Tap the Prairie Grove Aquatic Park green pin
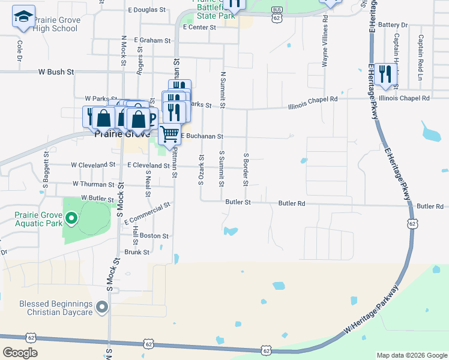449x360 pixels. [x=71, y=218]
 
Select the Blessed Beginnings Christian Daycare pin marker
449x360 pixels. [x=102, y=308]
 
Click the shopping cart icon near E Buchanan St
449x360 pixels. [x=170, y=134]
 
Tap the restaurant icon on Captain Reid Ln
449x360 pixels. [x=385, y=74]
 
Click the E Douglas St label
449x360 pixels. [x=146, y=10]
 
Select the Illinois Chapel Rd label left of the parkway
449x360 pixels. [x=312, y=99]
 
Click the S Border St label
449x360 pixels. [x=246, y=169]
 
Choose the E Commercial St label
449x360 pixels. [x=148, y=213]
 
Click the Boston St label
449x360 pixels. [x=154, y=236]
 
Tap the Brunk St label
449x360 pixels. [x=137, y=252]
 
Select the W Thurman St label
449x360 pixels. [x=93, y=184]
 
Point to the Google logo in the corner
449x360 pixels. [x=20, y=353]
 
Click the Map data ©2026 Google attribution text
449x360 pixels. [x=412, y=355]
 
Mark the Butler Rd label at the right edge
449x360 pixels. [x=430, y=206]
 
